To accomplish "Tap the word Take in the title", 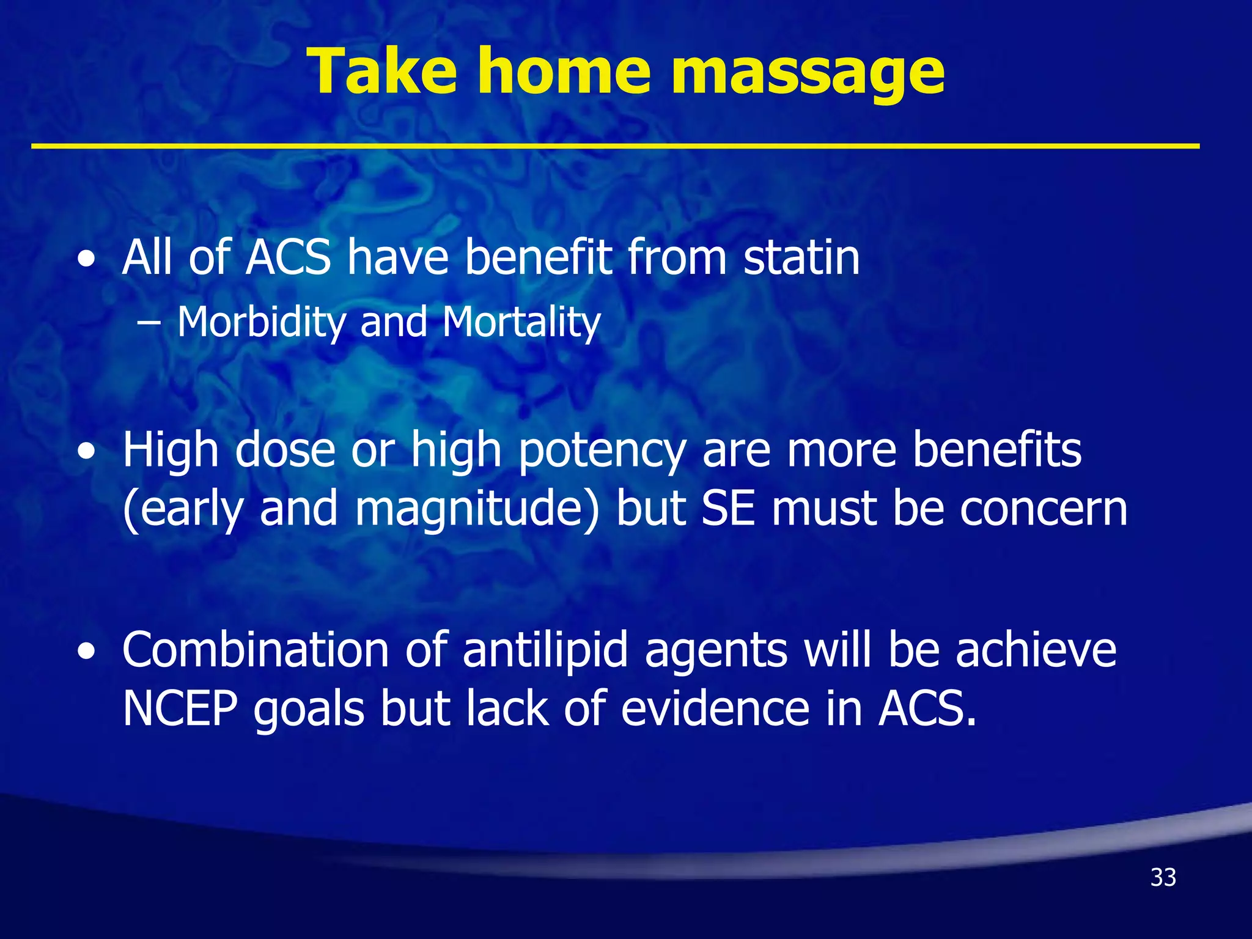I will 383,72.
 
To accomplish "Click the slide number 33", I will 1163,877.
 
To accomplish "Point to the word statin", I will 801,258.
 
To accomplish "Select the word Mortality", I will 521,322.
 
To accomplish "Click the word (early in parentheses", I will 183,510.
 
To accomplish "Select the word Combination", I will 256,649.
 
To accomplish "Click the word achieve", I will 1036,649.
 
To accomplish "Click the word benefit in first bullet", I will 538,258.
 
